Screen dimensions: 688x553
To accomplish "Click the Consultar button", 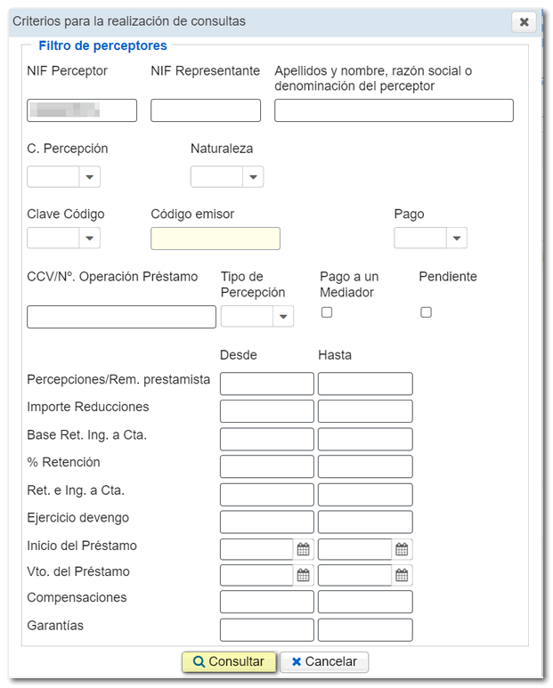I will pyautogui.click(x=228, y=661).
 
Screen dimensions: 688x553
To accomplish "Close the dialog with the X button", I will pyautogui.click(x=524, y=21).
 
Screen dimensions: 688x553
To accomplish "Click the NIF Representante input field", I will pyautogui.click(x=206, y=110).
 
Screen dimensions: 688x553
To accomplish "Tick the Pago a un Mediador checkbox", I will pyautogui.click(x=327, y=312).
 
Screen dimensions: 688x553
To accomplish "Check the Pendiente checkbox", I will pyautogui.click(x=426, y=312).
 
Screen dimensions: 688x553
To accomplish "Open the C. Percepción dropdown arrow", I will pyautogui.click(x=90, y=177).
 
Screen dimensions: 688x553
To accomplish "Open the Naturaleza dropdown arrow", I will pyautogui.click(x=254, y=177).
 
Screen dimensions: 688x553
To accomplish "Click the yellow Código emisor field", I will pyautogui.click(x=216, y=239).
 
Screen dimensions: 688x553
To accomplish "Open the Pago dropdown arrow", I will pyautogui.click(x=457, y=238).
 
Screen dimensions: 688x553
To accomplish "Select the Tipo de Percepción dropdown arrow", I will pyautogui.click(x=283, y=316).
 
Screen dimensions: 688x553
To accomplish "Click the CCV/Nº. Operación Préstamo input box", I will pyautogui.click(x=121, y=317).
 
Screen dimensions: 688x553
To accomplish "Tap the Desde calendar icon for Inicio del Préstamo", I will pyautogui.click(x=304, y=549).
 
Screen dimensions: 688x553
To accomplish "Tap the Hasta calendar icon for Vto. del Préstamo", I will pyautogui.click(x=402, y=575).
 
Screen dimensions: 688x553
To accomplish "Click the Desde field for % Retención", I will pyautogui.click(x=266, y=466).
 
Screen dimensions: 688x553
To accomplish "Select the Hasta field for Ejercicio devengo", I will pyautogui.click(x=365, y=522).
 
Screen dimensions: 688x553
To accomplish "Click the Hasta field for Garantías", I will pyautogui.click(x=365, y=630).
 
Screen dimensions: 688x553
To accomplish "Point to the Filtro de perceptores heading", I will pyautogui.click(x=102, y=45).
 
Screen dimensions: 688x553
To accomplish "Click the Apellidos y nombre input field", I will pyautogui.click(x=394, y=110).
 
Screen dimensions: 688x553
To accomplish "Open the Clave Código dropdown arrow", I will pyautogui.click(x=90, y=238).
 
